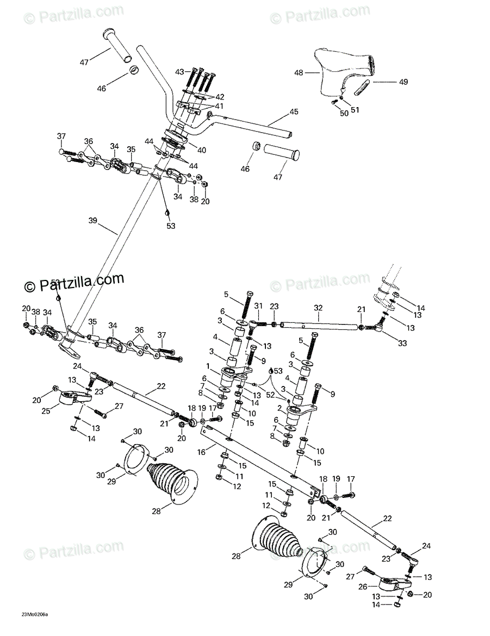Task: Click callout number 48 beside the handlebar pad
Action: point(298,72)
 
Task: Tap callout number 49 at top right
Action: point(403,82)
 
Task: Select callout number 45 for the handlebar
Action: point(294,112)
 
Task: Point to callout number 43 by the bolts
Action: point(179,72)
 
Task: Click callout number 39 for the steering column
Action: point(92,221)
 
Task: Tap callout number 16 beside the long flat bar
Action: point(201,452)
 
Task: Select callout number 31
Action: point(258,305)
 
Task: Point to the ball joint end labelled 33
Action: point(376,327)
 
